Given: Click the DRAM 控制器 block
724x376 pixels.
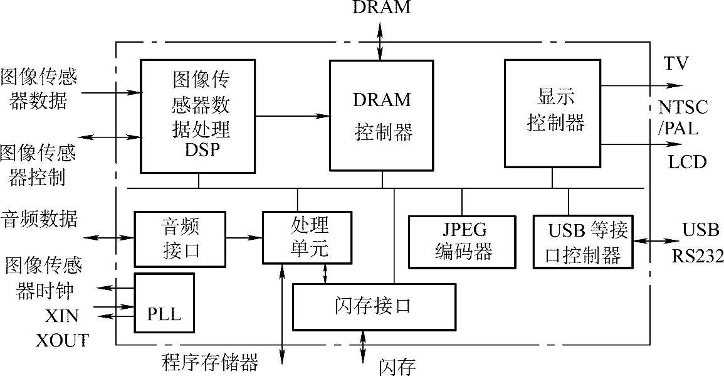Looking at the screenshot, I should [x=382, y=115].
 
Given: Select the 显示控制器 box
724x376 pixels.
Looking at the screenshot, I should [x=552, y=113].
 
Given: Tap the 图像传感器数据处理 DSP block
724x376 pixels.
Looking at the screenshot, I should [x=197, y=115].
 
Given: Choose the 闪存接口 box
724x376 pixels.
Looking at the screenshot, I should [x=374, y=306].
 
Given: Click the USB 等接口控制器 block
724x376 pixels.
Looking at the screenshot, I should [x=583, y=242].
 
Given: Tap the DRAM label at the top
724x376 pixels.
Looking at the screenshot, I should [x=382, y=8].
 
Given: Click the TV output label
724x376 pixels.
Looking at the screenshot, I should [x=677, y=63].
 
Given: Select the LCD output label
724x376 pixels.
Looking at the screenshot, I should [x=686, y=162].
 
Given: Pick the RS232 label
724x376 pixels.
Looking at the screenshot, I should [x=698, y=256].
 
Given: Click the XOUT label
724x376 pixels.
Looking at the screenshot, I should [x=62, y=341].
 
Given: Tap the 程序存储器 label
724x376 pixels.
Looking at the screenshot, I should [x=209, y=363].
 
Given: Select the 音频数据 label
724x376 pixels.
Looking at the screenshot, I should [x=39, y=219].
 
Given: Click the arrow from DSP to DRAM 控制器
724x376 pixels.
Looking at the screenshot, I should [x=293, y=115].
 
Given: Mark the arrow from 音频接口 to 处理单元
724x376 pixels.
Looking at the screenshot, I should [x=244, y=237].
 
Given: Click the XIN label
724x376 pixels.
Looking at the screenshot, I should [x=62, y=314].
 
